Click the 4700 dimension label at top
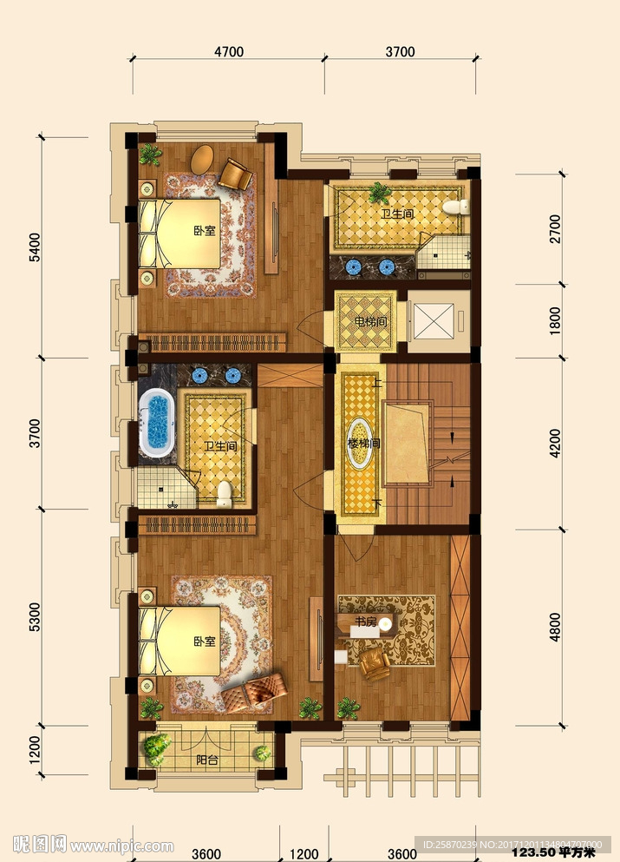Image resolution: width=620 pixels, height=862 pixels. click(x=229, y=52)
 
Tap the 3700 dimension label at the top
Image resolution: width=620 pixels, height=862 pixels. click(x=400, y=52)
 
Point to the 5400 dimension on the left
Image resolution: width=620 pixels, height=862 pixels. click(x=34, y=247)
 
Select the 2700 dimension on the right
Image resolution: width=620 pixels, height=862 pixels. click(x=555, y=229)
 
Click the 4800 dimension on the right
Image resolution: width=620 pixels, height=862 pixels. click(x=555, y=627)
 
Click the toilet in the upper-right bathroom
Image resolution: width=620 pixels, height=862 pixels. click(x=456, y=207)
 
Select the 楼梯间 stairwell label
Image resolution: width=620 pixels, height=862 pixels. click(x=363, y=443)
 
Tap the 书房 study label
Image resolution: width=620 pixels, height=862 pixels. click(x=365, y=622)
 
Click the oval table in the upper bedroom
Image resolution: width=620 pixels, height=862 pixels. click(x=203, y=160)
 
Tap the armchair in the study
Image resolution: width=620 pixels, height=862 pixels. click(x=375, y=663)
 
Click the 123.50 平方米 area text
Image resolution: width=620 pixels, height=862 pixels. click(x=553, y=852)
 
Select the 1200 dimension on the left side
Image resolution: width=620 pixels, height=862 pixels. click(x=34, y=750)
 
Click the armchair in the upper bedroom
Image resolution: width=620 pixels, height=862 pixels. click(x=235, y=174)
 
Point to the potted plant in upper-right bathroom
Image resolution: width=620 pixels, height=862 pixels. click(x=379, y=193)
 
